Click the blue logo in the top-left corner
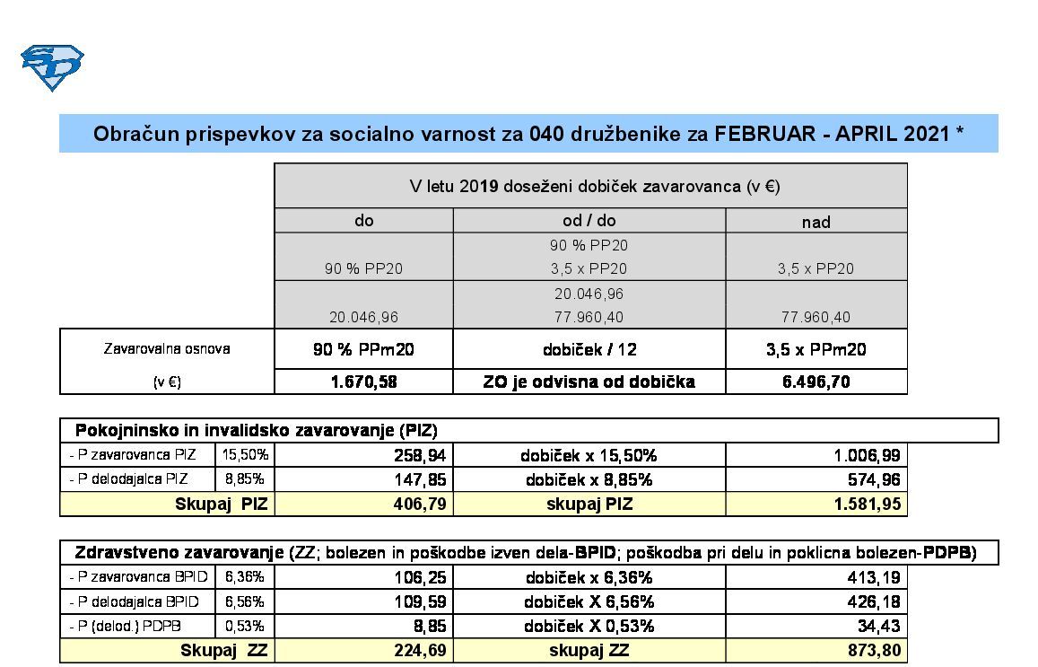[x=52, y=67]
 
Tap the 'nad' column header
[x=816, y=222]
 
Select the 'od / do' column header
[x=589, y=221]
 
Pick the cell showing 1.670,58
[x=364, y=382]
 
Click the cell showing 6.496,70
[x=816, y=382]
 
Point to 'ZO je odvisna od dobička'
[x=589, y=382]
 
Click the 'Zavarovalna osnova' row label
[x=166, y=348]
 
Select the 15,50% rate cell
[x=245, y=455]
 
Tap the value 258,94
[x=420, y=455]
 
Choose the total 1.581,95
[x=867, y=504]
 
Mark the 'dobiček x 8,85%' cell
[x=589, y=479]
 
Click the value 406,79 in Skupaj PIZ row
[x=420, y=504]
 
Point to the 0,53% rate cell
[x=245, y=626]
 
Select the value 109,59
[x=420, y=601]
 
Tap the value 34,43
[x=878, y=626]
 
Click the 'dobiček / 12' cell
[x=589, y=349]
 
